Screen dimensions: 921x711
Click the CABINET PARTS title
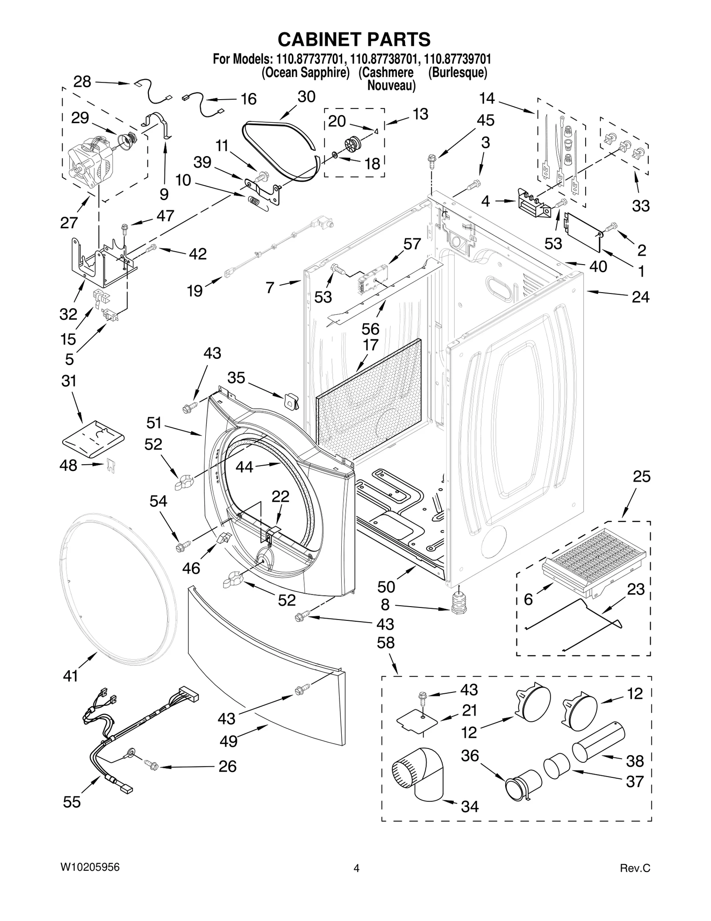coord(354,40)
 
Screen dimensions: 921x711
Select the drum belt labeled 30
coord(280,149)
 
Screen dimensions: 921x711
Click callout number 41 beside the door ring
coord(70,676)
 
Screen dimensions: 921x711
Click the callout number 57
coord(412,244)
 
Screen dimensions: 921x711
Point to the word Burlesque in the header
coord(458,72)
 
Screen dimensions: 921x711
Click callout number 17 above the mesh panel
coord(370,345)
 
